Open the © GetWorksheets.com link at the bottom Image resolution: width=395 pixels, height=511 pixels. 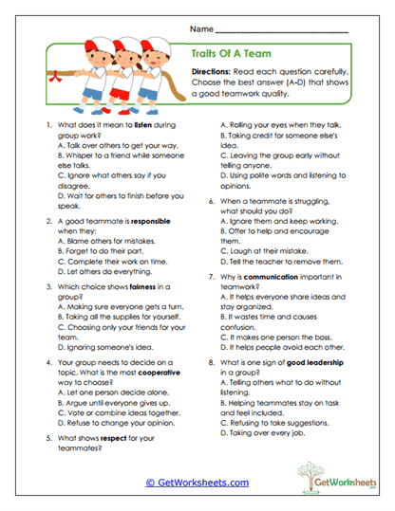(x=197, y=482)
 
